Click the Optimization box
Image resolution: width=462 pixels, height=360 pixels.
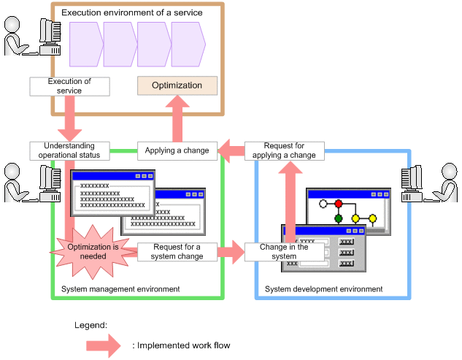pos(177,85)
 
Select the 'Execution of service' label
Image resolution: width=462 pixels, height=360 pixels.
pos(69,86)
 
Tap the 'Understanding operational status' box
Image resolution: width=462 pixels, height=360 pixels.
pos(69,150)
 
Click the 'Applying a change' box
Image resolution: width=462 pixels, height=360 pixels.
pos(177,150)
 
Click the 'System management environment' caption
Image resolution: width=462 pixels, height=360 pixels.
pos(120,289)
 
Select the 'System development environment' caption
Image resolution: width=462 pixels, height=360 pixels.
pos(323,289)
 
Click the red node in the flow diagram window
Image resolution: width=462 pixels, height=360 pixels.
pos(339,203)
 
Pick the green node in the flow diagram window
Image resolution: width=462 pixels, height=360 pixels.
pos(339,218)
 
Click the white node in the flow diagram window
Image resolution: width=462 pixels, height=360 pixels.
pos(322,203)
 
